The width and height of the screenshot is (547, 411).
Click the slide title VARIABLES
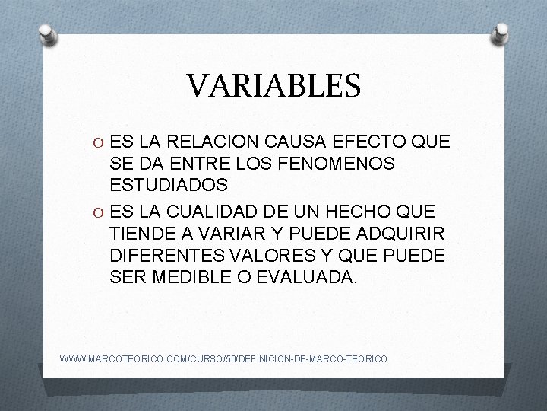pos(274,86)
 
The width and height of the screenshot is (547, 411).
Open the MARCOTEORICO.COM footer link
pos(223,358)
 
